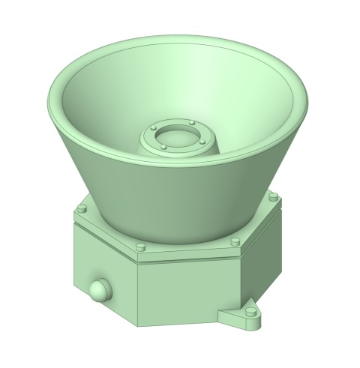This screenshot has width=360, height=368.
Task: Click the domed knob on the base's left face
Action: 98,290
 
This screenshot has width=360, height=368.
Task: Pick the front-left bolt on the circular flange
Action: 163,148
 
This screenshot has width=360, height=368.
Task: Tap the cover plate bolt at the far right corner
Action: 274,196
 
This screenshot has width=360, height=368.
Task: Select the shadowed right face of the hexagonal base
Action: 262,262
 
